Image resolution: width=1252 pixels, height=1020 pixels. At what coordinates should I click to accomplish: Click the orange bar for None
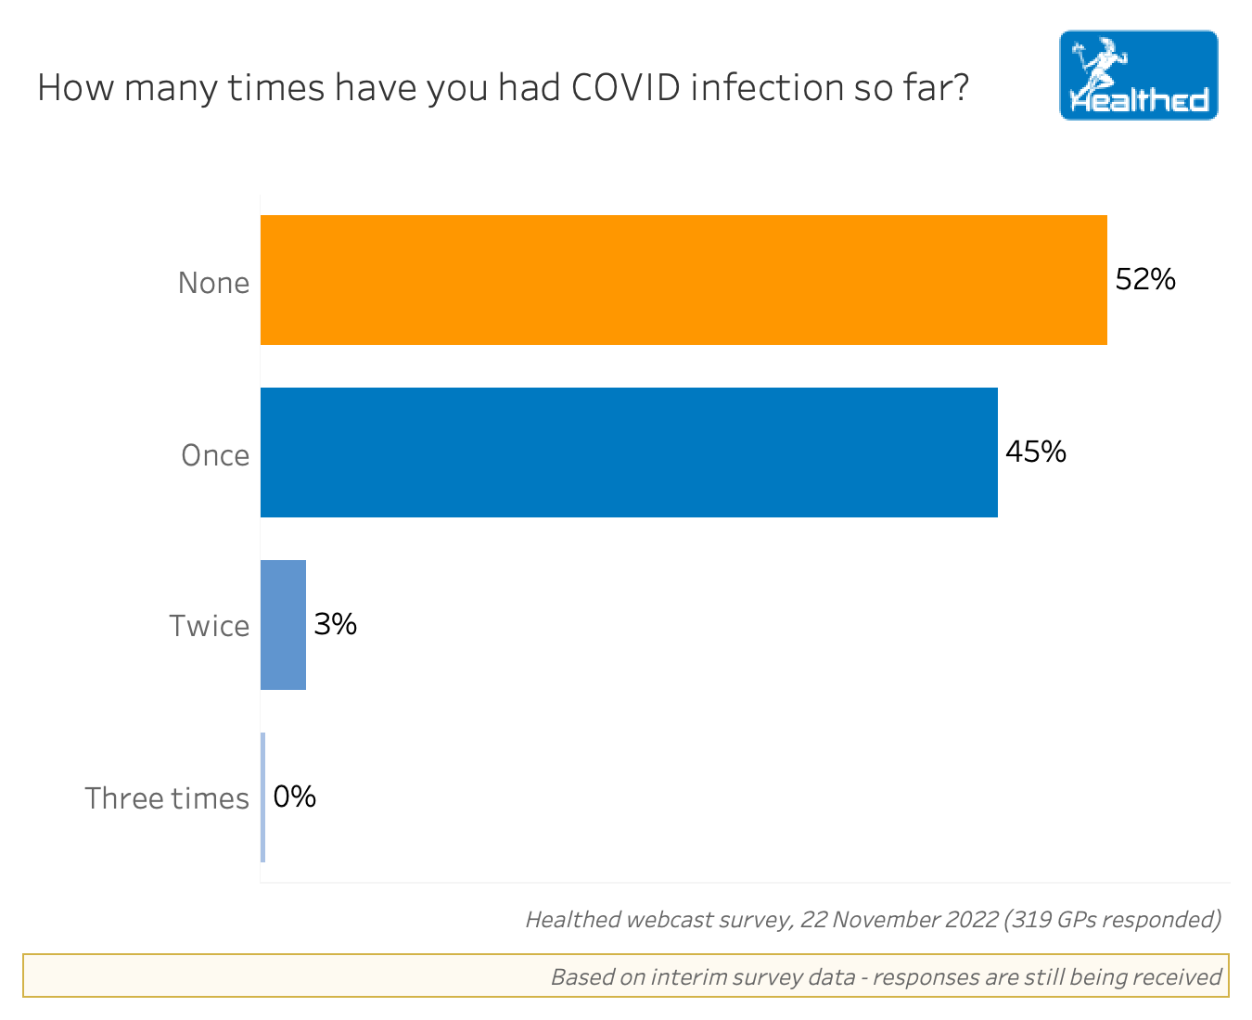point(683,280)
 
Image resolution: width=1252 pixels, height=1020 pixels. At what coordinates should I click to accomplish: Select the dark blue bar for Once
point(629,453)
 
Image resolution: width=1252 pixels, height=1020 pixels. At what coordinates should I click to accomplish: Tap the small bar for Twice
point(283,625)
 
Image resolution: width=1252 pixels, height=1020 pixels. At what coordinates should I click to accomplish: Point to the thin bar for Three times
point(263,797)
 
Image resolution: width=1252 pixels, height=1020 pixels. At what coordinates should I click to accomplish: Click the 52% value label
point(1145,279)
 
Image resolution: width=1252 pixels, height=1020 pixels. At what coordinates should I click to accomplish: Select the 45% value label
point(1036,452)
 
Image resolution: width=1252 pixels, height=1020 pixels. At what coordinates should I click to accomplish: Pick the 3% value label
point(335,624)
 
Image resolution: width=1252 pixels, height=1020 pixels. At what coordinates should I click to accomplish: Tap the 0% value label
point(295,797)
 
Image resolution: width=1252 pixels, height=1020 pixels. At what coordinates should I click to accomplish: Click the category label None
point(213,283)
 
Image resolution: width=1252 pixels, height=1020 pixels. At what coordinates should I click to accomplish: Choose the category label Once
point(215,455)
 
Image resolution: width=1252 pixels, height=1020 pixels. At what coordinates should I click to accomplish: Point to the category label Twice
point(209,627)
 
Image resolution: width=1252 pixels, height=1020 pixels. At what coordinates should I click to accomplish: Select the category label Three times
point(167,798)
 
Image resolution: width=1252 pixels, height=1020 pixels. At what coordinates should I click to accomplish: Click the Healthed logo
point(1138,75)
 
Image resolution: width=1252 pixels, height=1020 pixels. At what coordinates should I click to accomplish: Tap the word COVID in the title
point(624,88)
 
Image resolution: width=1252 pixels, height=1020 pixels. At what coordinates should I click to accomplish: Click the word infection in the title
point(766,88)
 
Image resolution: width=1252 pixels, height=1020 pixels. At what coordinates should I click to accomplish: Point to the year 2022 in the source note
point(970,920)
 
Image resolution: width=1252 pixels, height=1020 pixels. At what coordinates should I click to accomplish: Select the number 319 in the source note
point(1032,920)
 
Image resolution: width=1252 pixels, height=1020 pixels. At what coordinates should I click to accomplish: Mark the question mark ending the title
point(961,88)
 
